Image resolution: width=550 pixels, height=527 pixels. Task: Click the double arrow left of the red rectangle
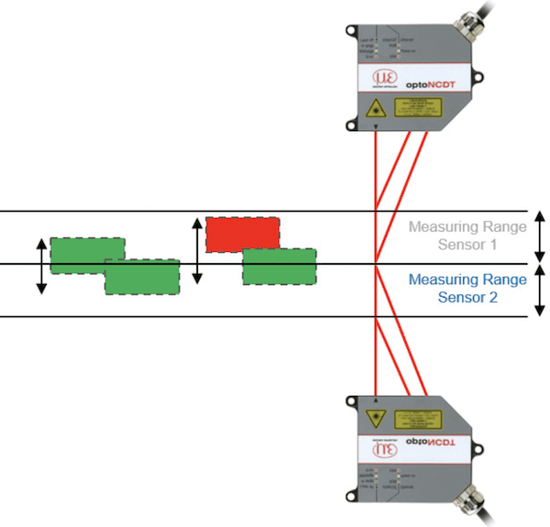[196, 249]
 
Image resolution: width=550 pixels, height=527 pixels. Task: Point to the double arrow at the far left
[41, 266]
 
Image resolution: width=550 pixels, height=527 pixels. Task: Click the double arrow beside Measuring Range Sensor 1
[540, 237]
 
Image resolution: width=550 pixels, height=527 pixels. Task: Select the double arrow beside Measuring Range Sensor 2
[540, 291]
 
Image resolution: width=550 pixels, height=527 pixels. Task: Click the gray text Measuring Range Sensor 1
[467, 236]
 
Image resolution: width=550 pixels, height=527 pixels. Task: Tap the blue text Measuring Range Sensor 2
[467, 288]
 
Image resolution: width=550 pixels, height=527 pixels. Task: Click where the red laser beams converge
[377, 264]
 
